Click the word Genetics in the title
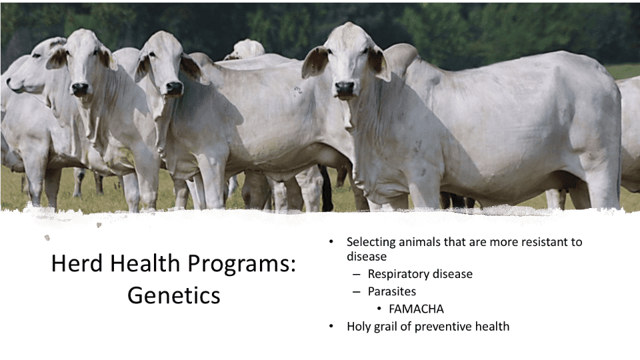pyautogui.click(x=174, y=295)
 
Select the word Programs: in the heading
pyautogui.click(x=241, y=265)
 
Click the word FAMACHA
pyautogui.click(x=416, y=309)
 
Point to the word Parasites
pyautogui.click(x=391, y=291)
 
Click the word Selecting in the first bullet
pyautogui.click(x=371, y=243)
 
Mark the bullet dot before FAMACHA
pyautogui.click(x=379, y=309)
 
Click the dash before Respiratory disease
pyautogui.click(x=357, y=274)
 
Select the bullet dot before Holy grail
pyautogui.click(x=331, y=327)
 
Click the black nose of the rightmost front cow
pyautogui.click(x=345, y=88)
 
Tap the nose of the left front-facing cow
pyautogui.click(x=80, y=88)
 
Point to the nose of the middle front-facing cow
pyautogui.click(x=174, y=88)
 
